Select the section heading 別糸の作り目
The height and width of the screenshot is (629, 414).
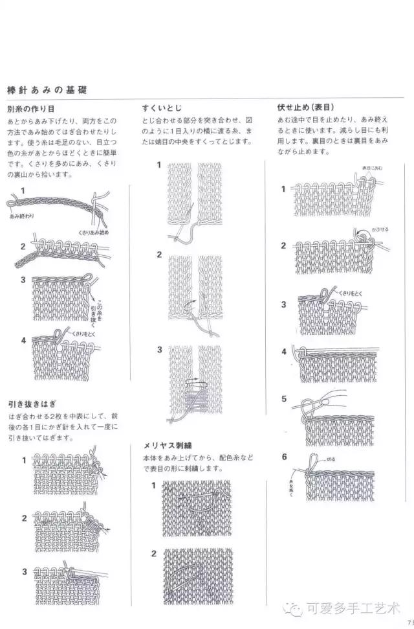pos(30,109)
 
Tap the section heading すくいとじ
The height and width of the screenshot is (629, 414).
pos(162,109)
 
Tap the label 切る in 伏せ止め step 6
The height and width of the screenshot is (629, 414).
pos(331,459)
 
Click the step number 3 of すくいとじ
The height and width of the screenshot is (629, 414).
pos(159,350)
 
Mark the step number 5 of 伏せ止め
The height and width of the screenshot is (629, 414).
pos(283,399)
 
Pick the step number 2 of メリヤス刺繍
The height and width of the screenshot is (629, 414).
pos(154,553)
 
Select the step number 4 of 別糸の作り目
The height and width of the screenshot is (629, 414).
pos(23,340)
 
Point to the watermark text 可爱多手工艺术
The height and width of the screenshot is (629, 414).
pos(354,608)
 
